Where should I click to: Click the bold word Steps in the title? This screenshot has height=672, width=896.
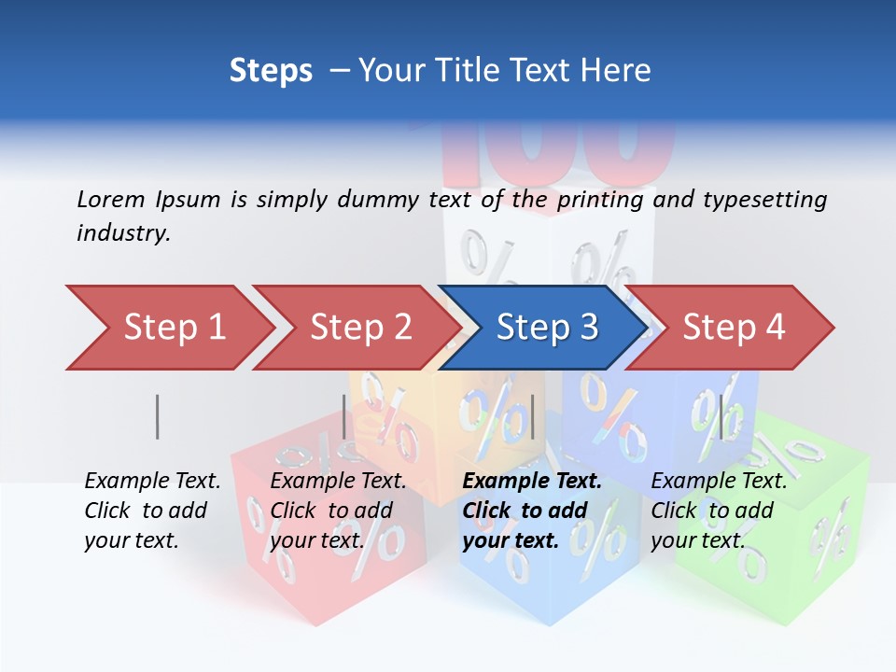click(271, 71)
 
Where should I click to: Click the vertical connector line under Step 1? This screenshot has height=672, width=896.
click(157, 416)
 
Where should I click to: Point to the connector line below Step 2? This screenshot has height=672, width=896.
click(344, 416)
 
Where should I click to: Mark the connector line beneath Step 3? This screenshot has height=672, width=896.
click(532, 416)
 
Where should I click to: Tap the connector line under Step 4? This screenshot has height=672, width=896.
click(720, 416)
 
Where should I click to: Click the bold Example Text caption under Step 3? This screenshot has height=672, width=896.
click(532, 511)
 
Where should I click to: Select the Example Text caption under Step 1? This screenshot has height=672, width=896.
click(152, 511)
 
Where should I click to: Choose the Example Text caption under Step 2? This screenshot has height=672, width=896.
click(338, 511)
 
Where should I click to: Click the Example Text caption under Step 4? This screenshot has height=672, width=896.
click(719, 511)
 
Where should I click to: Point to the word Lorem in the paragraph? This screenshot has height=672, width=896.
click(110, 199)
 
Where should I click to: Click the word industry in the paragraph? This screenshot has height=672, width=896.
click(123, 233)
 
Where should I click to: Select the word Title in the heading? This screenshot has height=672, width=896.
click(514, 71)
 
